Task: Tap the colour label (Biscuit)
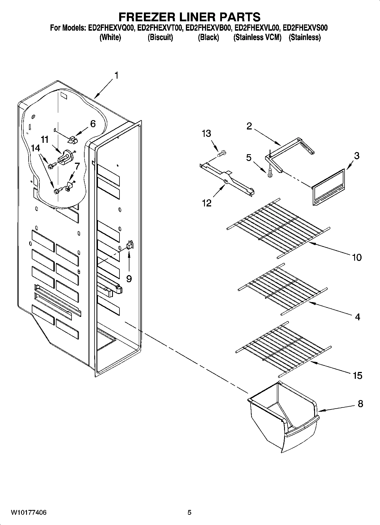[160, 37]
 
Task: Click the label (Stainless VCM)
[257, 37]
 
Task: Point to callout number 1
[116, 76]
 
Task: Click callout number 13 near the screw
[206, 133]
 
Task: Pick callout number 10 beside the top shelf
[357, 257]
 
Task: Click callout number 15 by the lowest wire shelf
[357, 375]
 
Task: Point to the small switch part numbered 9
[130, 245]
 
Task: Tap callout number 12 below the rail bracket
[207, 203]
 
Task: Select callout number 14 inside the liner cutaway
[36, 148]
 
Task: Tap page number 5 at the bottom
[189, 513]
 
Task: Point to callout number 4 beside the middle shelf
[357, 317]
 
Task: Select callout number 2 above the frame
[249, 126]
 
